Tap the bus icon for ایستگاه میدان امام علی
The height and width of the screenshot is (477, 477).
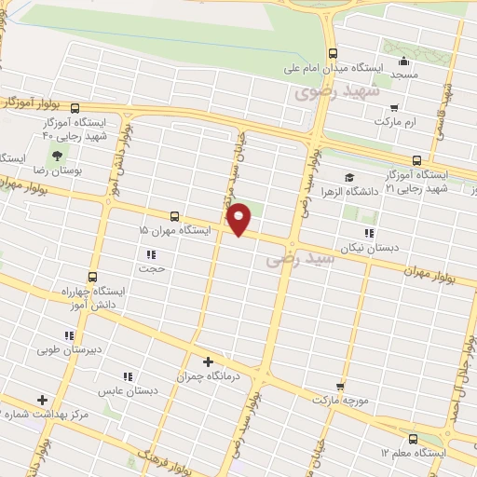(x=334, y=52)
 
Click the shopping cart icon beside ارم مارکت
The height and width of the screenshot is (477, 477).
(x=396, y=106)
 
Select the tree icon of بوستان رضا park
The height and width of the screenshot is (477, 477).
(x=58, y=155)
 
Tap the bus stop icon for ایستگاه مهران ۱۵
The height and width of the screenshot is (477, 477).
(x=173, y=215)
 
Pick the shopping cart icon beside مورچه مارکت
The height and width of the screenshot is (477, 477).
(x=340, y=385)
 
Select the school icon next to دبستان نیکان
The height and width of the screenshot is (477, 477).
(x=369, y=233)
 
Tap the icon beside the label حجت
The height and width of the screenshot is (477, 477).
(x=150, y=253)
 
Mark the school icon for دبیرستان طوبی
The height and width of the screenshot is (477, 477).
(x=68, y=335)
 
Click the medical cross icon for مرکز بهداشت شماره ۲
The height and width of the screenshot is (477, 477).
(x=42, y=399)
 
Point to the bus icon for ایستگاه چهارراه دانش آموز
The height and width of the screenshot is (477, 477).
(x=91, y=277)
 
